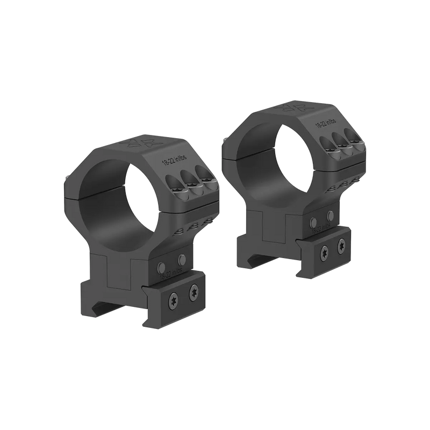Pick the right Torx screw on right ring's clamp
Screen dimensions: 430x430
[x=342, y=245]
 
